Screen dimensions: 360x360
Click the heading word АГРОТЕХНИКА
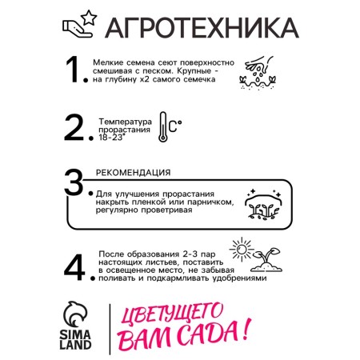202,28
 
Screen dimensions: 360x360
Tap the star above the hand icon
89,18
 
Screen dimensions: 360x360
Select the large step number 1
73,70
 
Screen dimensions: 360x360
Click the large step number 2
74,127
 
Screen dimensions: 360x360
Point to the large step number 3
74,182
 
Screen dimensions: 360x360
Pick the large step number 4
74,267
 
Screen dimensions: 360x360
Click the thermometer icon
162,127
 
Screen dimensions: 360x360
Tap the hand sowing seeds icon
258,73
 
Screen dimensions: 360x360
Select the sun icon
242,250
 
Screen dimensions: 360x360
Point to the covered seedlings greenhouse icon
263,205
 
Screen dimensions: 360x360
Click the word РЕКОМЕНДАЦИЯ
133,173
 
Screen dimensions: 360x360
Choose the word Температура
126,122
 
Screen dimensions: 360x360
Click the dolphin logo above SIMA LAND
75,314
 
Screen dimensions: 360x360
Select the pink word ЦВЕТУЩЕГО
172,314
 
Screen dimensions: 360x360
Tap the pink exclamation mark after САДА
246,330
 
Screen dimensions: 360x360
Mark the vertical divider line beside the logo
110,329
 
